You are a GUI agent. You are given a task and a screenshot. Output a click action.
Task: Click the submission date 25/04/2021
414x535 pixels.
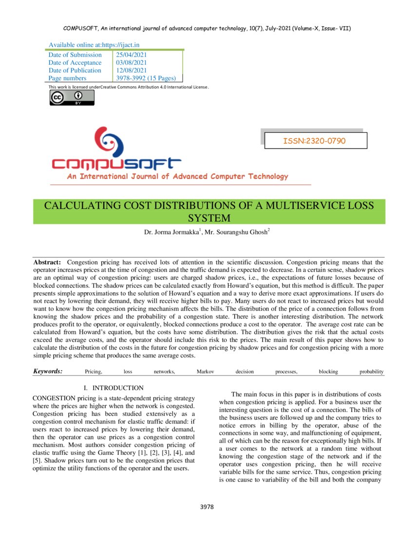tap(132, 55)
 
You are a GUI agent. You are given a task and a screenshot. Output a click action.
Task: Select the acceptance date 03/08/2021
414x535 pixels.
tap(132, 63)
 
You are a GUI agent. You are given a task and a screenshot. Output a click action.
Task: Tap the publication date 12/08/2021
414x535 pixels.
tap(132, 71)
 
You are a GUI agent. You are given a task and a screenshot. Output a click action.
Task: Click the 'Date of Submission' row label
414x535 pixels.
tap(75, 55)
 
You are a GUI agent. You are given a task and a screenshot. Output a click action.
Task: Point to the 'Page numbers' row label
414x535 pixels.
tap(67, 78)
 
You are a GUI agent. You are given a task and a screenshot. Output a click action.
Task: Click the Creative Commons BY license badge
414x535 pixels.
tap(72, 97)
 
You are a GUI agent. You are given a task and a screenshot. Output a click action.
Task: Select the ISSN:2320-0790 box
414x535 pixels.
tap(314, 141)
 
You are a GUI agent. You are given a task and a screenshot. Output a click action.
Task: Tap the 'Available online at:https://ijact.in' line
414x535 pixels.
tap(94, 45)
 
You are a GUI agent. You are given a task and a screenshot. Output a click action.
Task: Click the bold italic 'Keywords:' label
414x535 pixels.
tap(48, 372)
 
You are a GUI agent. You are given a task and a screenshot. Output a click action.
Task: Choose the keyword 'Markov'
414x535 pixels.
tap(205, 372)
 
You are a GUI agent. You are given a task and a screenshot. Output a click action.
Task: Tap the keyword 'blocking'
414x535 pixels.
tap(328, 372)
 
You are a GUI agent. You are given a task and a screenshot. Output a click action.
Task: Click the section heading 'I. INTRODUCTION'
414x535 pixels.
tap(113, 388)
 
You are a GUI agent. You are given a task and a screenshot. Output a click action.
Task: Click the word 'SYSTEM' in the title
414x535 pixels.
tap(208, 218)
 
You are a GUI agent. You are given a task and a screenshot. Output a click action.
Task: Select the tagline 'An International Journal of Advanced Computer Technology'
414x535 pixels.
tap(177, 177)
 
